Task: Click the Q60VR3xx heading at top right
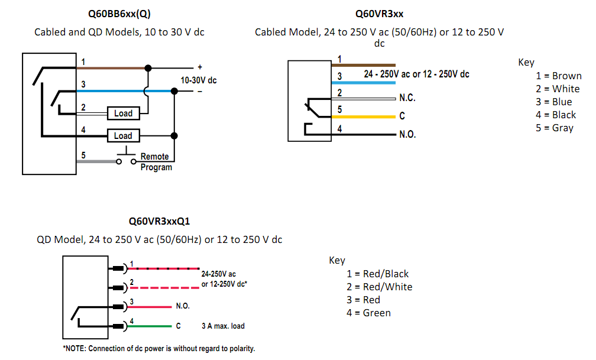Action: (x=379, y=13)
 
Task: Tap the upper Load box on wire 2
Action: (x=123, y=113)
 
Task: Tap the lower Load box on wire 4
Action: (x=123, y=136)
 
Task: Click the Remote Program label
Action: (x=156, y=162)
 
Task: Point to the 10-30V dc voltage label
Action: (x=199, y=80)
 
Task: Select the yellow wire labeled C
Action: (x=367, y=116)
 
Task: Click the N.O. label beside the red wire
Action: (x=182, y=307)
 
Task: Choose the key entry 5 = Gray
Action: (x=555, y=128)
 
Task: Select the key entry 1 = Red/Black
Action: (x=378, y=274)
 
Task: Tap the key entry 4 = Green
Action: (x=368, y=313)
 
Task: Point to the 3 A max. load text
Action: (x=223, y=326)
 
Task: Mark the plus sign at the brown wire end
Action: (x=199, y=67)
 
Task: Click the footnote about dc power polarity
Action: (x=159, y=348)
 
